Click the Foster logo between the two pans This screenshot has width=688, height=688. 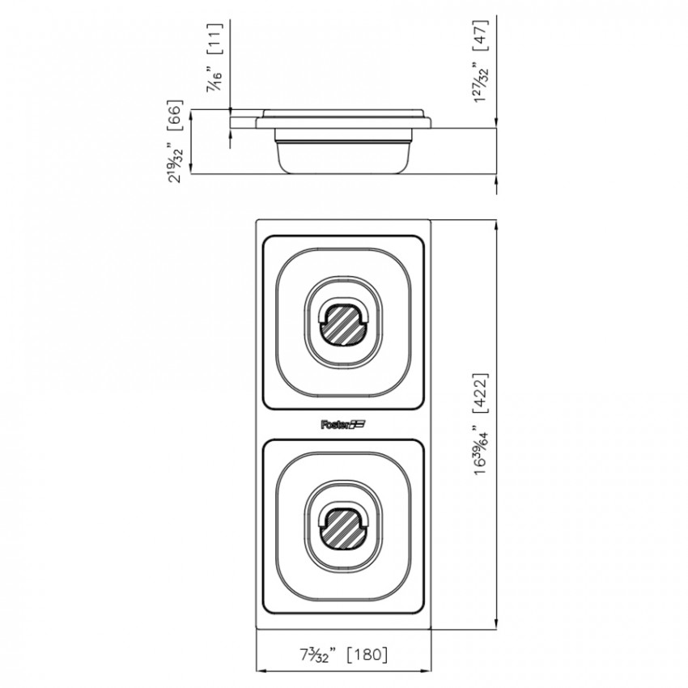point(343,424)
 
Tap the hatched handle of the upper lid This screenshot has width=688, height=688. point(342,324)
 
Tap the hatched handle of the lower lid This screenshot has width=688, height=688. point(342,529)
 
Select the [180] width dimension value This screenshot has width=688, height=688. point(367,654)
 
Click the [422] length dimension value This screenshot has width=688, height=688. point(480,393)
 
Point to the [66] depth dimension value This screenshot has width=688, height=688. point(174,115)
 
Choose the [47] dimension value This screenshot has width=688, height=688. point(480,35)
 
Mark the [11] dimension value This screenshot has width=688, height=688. point(215,39)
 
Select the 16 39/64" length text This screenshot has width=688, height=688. point(480,451)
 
